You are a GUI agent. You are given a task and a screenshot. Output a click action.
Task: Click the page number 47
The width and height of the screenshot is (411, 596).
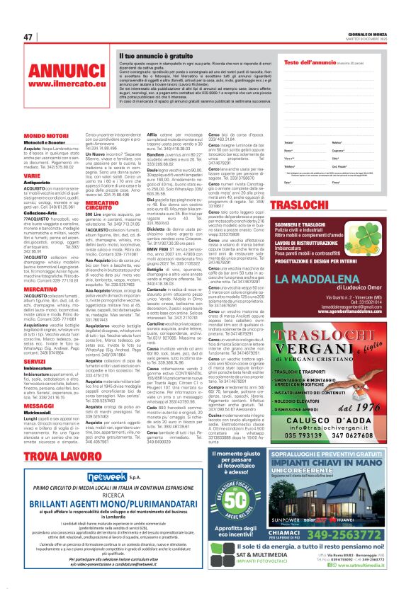point(28,37)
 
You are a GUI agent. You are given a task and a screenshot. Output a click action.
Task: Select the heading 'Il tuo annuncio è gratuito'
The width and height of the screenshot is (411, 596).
point(152,55)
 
